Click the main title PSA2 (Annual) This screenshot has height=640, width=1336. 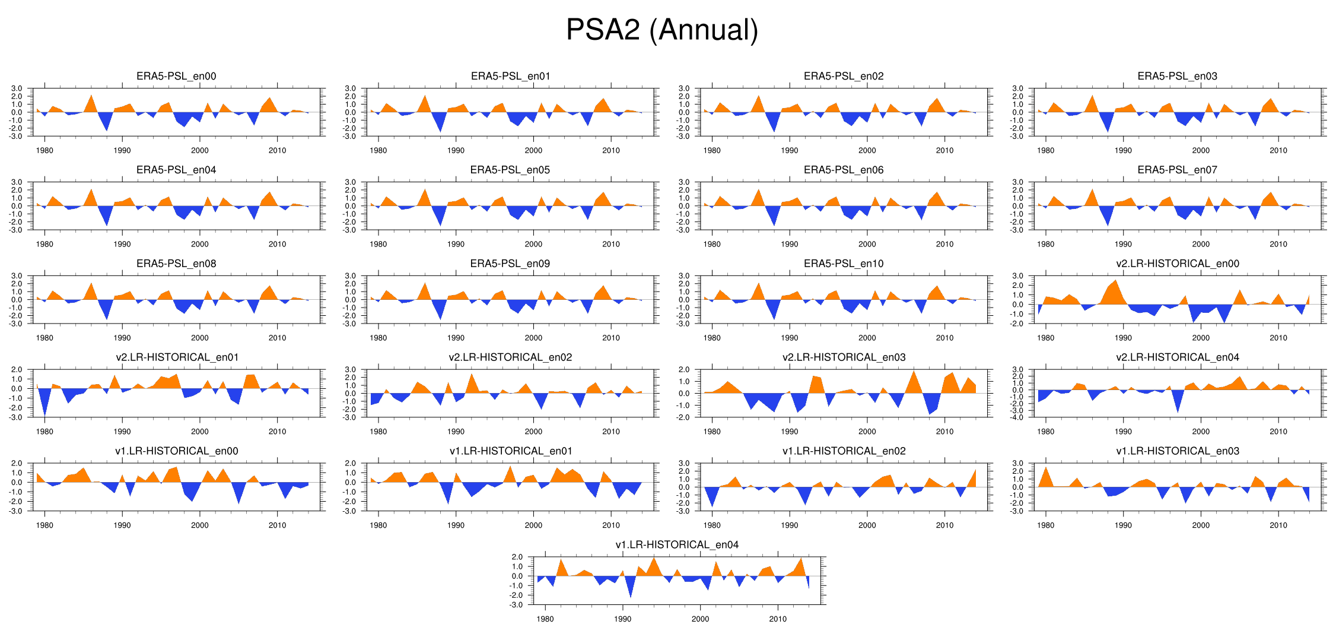(x=662, y=30)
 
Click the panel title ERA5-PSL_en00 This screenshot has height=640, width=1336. (x=176, y=76)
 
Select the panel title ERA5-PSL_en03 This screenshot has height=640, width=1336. (x=1177, y=76)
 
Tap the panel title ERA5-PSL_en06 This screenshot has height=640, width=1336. (x=844, y=170)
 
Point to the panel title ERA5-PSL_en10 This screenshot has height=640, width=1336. (x=844, y=264)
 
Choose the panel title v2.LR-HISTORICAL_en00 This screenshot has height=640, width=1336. (x=1177, y=264)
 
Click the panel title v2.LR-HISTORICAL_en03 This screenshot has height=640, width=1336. (x=844, y=357)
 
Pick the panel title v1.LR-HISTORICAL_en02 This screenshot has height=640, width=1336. (x=844, y=451)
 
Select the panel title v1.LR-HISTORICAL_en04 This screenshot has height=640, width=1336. (x=677, y=545)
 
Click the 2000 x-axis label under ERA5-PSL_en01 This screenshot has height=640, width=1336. (x=533, y=151)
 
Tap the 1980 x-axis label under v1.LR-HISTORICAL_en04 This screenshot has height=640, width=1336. (x=545, y=619)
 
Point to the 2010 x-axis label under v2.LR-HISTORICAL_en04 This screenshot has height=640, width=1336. (x=1278, y=432)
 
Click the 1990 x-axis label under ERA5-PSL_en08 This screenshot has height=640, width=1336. (x=122, y=338)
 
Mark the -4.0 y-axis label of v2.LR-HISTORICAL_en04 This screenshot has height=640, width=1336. (x=1017, y=417)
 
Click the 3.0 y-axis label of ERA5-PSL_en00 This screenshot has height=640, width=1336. (x=17, y=88)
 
